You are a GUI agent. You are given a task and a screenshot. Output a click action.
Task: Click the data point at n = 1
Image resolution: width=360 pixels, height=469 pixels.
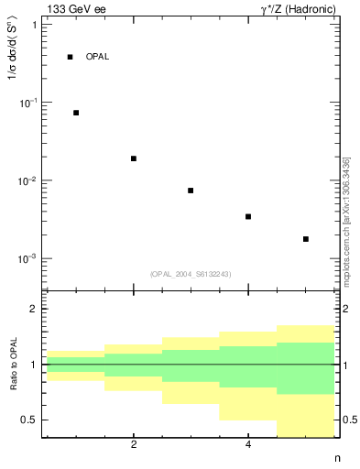76,113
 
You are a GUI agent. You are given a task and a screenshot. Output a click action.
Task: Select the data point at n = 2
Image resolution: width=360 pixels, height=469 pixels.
134,158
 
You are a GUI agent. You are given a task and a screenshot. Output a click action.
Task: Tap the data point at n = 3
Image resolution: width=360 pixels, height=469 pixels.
191,191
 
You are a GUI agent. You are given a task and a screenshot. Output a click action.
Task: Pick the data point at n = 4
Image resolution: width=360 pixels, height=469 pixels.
248,217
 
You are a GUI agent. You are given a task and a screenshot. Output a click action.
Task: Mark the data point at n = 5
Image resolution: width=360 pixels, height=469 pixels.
306,239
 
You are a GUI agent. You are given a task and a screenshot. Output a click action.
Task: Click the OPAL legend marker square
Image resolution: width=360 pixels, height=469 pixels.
70,57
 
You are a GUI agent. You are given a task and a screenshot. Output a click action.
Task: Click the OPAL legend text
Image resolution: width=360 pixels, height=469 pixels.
97,57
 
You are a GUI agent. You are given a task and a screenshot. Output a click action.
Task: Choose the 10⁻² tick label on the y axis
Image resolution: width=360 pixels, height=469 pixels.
27,180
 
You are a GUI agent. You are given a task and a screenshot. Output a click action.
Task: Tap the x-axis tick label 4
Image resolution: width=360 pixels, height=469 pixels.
248,445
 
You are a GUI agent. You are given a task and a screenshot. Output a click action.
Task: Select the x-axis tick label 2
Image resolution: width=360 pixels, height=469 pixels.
134,445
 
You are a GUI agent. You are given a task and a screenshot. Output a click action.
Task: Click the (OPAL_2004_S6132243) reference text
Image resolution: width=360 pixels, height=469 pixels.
191,274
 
